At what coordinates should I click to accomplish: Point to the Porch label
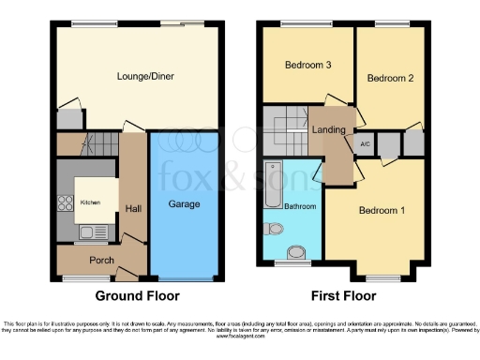(x=101, y=260)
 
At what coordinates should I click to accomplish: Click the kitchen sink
(x=86, y=232)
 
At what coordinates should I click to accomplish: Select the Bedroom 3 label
(x=306, y=66)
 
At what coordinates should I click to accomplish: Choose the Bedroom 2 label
(x=390, y=78)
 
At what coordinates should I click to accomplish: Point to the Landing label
(x=328, y=130)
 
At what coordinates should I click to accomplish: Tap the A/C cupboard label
(x=363, y=144)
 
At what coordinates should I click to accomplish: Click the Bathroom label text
(x=300, y=205)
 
